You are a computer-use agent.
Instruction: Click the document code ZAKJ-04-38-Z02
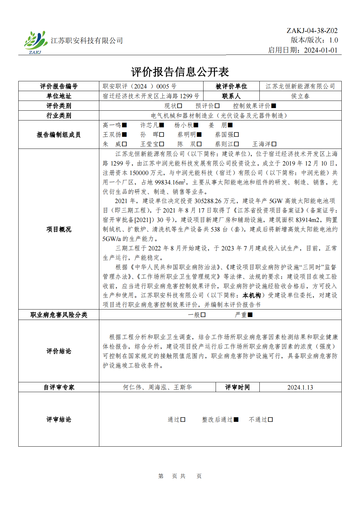[312, 31]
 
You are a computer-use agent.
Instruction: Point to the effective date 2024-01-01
[320, 50]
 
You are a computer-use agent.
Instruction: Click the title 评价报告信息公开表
[180, 72]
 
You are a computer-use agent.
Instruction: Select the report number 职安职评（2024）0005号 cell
[139, 86]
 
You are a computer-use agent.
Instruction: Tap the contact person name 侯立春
[300, 96]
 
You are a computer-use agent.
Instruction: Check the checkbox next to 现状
[180, 106]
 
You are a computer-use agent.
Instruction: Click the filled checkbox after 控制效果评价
[274, 106]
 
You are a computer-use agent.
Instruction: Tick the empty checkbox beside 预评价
[217, 106]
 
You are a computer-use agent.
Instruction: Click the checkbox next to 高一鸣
[124, 125]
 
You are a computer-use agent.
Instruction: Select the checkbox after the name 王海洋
[274, 144]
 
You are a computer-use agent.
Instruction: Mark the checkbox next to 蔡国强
[237, 135]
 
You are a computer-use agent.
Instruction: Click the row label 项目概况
[59, 229]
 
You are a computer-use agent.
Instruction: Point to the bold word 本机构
[252, 295]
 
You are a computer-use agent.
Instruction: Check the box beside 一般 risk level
[203, 315]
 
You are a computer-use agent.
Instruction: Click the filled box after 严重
[250, 315]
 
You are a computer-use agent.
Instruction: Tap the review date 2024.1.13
[300, 387]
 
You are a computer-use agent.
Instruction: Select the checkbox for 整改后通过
[236, 420]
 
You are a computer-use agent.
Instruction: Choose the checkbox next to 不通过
[270, 420]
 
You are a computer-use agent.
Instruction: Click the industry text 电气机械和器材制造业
[182, 116]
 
